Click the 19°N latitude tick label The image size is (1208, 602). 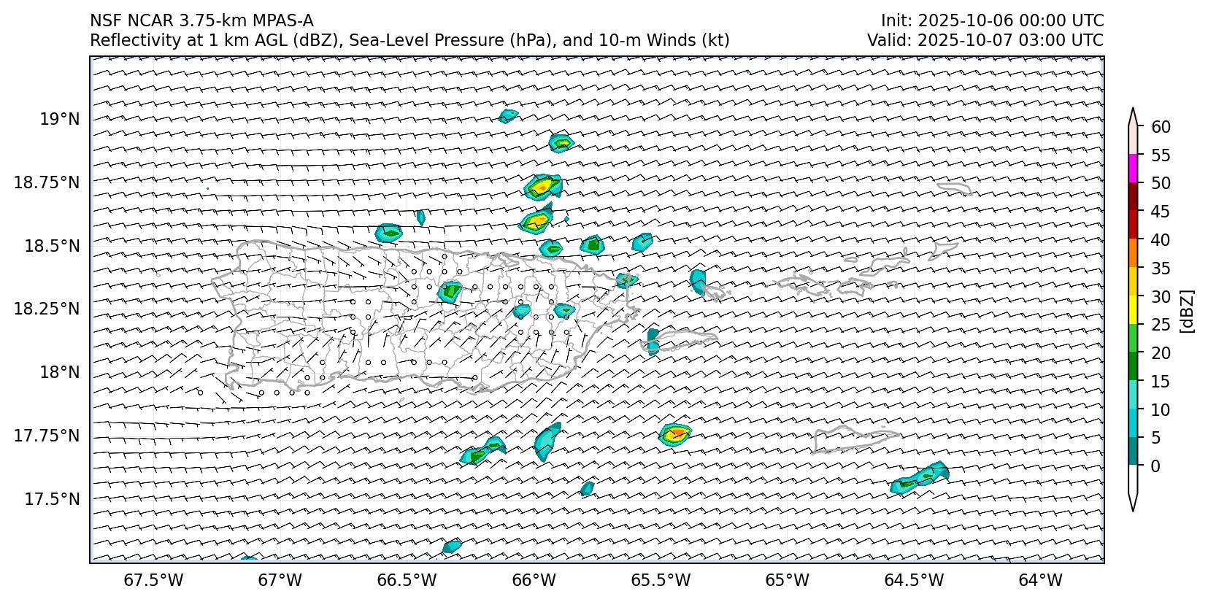[x=59, y=119]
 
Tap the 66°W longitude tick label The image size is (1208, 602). [x=534, y=580]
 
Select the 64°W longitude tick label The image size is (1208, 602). [x=1039, y=580]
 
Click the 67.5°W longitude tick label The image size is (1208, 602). [x=154, y=580]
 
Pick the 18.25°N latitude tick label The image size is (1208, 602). [x=47, y=309]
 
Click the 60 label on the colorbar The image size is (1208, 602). [x=1161, y=127]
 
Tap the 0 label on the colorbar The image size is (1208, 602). [x=1155, y=466]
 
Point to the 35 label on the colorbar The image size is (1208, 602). [x=1161, y=269]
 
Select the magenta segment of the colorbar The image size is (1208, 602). [x=1133, y=169]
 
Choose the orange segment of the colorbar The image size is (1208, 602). [x=1133, y=253]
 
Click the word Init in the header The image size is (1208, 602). [x=893, y=20]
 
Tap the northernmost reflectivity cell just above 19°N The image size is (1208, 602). [x=508, y=115]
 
